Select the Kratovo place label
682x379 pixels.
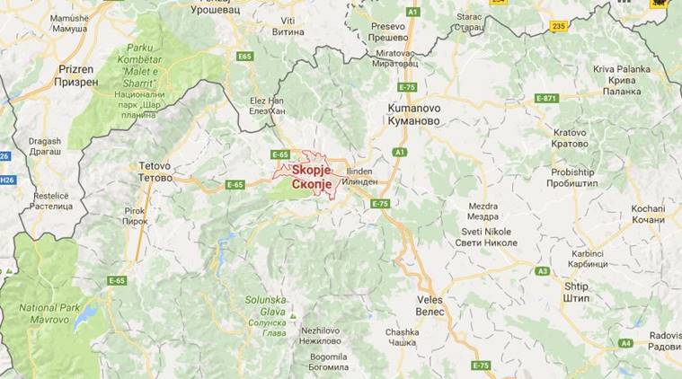(x=571, y=137)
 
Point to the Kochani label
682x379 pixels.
(x=648, y=214)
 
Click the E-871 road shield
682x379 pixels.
(x=547, y=97)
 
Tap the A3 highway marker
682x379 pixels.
(x=542, y=270)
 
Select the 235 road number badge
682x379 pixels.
(x=560, y=27)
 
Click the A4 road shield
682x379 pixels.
(x=625, y=342)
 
